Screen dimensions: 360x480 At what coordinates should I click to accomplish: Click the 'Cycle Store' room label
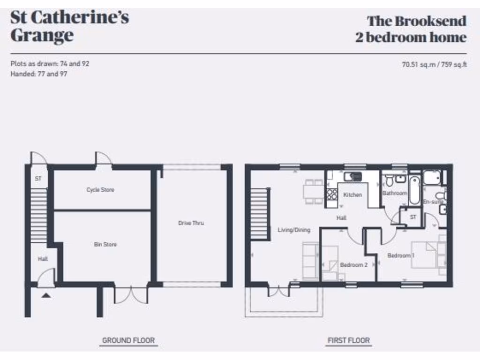click(100, 190)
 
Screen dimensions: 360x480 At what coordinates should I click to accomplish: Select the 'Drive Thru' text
click(191, 223)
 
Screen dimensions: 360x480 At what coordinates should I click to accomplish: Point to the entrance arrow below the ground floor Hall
click(46, 295)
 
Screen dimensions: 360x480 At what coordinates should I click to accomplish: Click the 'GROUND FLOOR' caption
click(128, 340)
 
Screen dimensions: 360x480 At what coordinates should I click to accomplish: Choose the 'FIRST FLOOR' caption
click(348, 340)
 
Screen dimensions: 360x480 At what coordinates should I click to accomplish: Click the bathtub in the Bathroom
click(415, 190)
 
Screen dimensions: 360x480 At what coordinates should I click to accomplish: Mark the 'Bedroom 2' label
click(353, 265)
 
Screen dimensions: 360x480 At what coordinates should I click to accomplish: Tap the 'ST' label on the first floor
click(413, 217)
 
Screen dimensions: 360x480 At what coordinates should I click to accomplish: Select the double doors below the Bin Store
click(131, 294)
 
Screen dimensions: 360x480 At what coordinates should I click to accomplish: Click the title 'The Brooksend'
click(416, 21)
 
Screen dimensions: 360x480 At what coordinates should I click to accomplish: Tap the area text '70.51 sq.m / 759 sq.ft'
click(434, 65)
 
